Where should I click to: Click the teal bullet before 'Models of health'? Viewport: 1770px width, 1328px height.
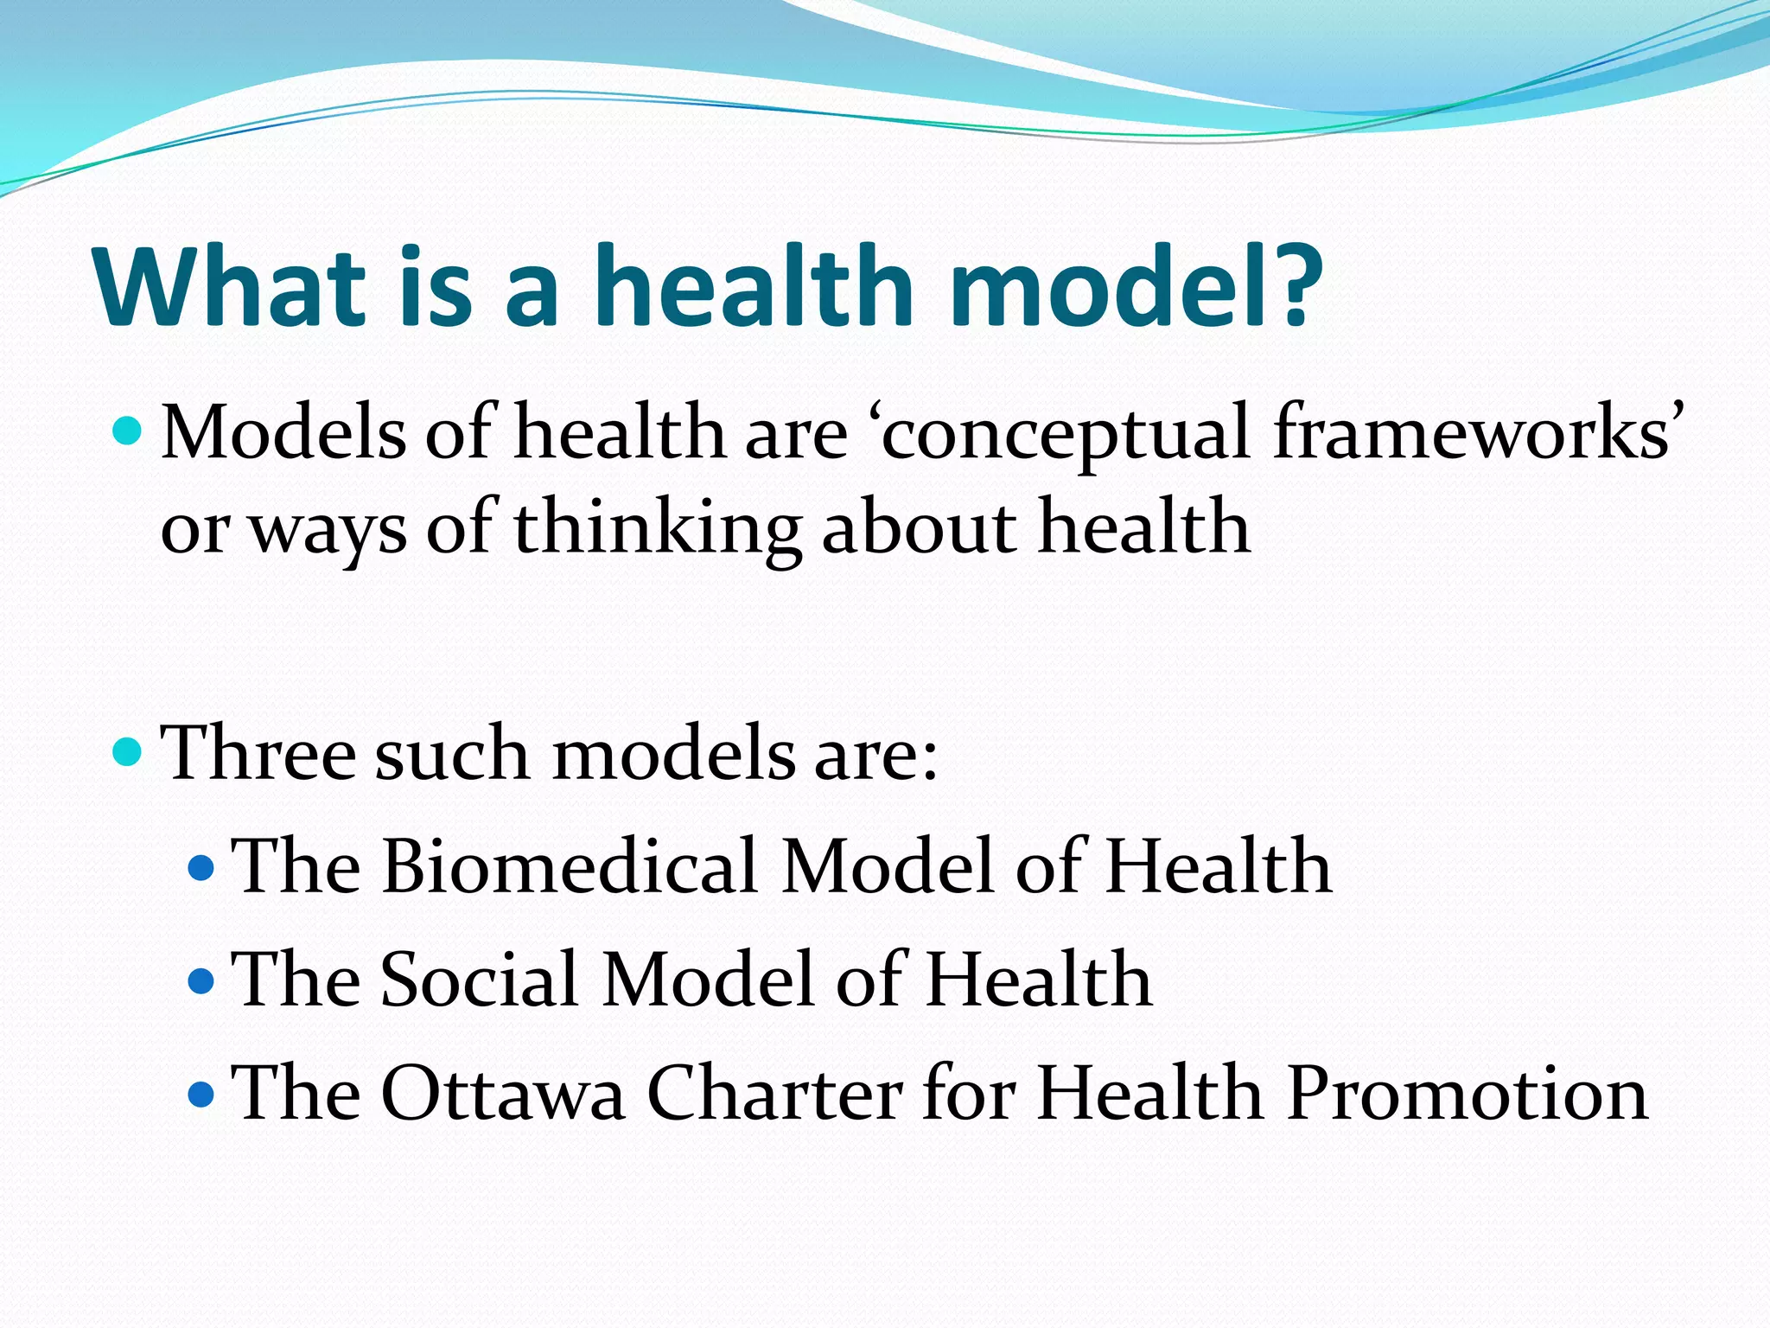tap(127, 430)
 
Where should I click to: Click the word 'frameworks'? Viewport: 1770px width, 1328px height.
tap(1473, 432)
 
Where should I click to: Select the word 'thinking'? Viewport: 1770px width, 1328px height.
tap(657, 529)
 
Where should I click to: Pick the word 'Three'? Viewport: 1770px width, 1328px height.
tap(258, 752)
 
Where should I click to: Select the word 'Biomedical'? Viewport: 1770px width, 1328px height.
tap(570, 866)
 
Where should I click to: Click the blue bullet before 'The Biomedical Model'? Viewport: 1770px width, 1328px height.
tap(201, 867)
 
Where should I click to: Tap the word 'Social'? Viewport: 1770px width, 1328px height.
tap(480, 980)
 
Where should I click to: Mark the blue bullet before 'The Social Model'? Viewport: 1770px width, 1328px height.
tap(201, 980)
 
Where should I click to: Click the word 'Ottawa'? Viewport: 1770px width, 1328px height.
tap(502, 1093)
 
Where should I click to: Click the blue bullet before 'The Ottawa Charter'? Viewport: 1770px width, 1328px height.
tap(201, 1094)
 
